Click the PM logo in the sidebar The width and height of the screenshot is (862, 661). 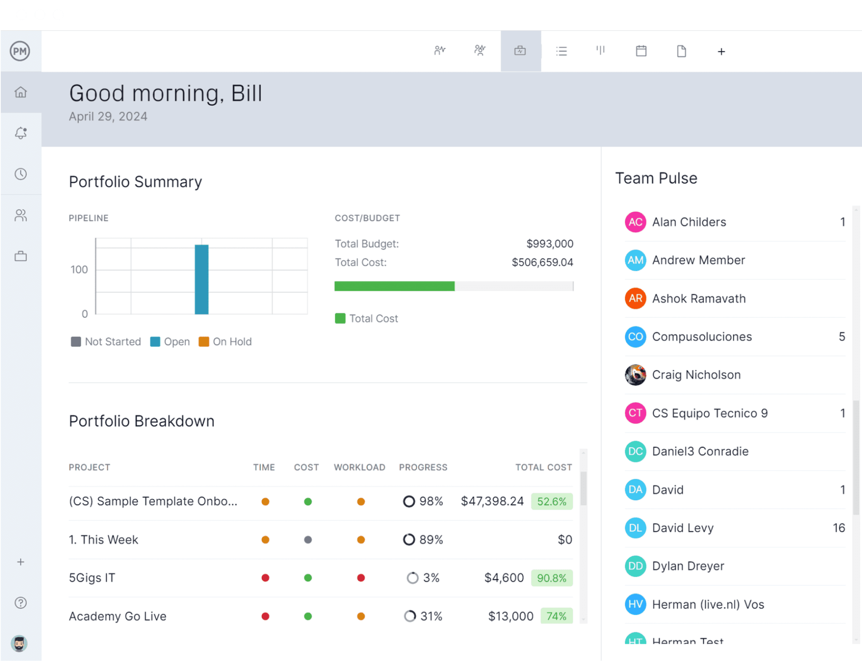(20, 51)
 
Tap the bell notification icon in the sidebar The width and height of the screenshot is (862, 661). (21, 133)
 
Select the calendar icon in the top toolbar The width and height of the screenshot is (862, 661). (641, 51)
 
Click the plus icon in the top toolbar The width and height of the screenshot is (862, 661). (721, 51)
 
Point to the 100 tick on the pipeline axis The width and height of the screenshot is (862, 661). (79, 269)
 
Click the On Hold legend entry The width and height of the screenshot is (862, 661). (226, 341)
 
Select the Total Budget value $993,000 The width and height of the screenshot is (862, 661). (550, 244)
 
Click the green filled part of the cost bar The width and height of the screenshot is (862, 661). (394, 286)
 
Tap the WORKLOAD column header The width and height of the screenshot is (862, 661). (359, 467)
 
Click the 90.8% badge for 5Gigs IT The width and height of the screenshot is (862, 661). (551, 578)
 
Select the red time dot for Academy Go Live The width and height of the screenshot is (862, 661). (265, 616)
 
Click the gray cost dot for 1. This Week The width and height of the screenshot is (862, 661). (308, 540)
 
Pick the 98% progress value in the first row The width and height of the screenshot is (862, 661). (431, 501)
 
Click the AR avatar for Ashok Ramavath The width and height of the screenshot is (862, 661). (635, 299)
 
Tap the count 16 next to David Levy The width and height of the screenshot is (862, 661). (838, 528)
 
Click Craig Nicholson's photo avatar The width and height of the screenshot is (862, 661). (635, 375)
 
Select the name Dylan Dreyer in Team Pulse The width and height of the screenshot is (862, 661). (688, 566)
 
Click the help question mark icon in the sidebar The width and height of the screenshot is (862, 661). (21, 603)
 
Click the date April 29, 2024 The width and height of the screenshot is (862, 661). (108, 117)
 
